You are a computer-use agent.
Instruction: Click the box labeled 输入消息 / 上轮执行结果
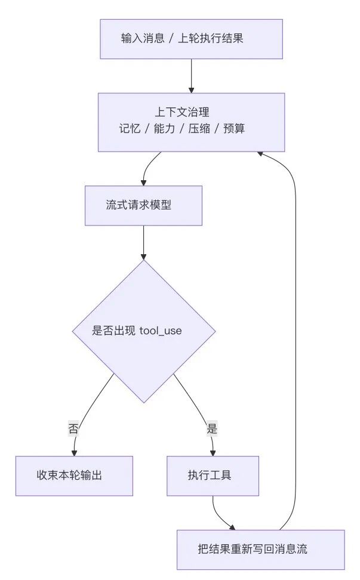click(191, 39)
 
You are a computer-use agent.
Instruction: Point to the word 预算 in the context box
click(234, 128)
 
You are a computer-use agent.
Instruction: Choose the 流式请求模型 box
click(143, 205)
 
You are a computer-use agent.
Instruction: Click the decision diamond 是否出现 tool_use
click(143, 331)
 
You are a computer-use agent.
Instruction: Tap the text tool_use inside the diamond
click(161, 331)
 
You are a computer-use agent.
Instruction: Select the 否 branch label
click(74, 428)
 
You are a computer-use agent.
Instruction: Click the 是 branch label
click(212, 428)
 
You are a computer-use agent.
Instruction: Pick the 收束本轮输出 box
click(74, 476)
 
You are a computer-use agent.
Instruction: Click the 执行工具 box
click(213, 476)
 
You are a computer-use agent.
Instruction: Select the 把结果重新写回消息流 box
click(260, 550)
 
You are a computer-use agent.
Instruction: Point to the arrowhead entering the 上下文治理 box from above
click(191, 89)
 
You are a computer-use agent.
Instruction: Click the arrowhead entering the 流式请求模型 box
click(143, 182)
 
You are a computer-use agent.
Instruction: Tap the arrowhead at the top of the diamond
click(143, 256)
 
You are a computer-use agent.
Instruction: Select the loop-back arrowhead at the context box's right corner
click(261, 153)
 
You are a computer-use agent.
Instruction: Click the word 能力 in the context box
click(165, 128)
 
